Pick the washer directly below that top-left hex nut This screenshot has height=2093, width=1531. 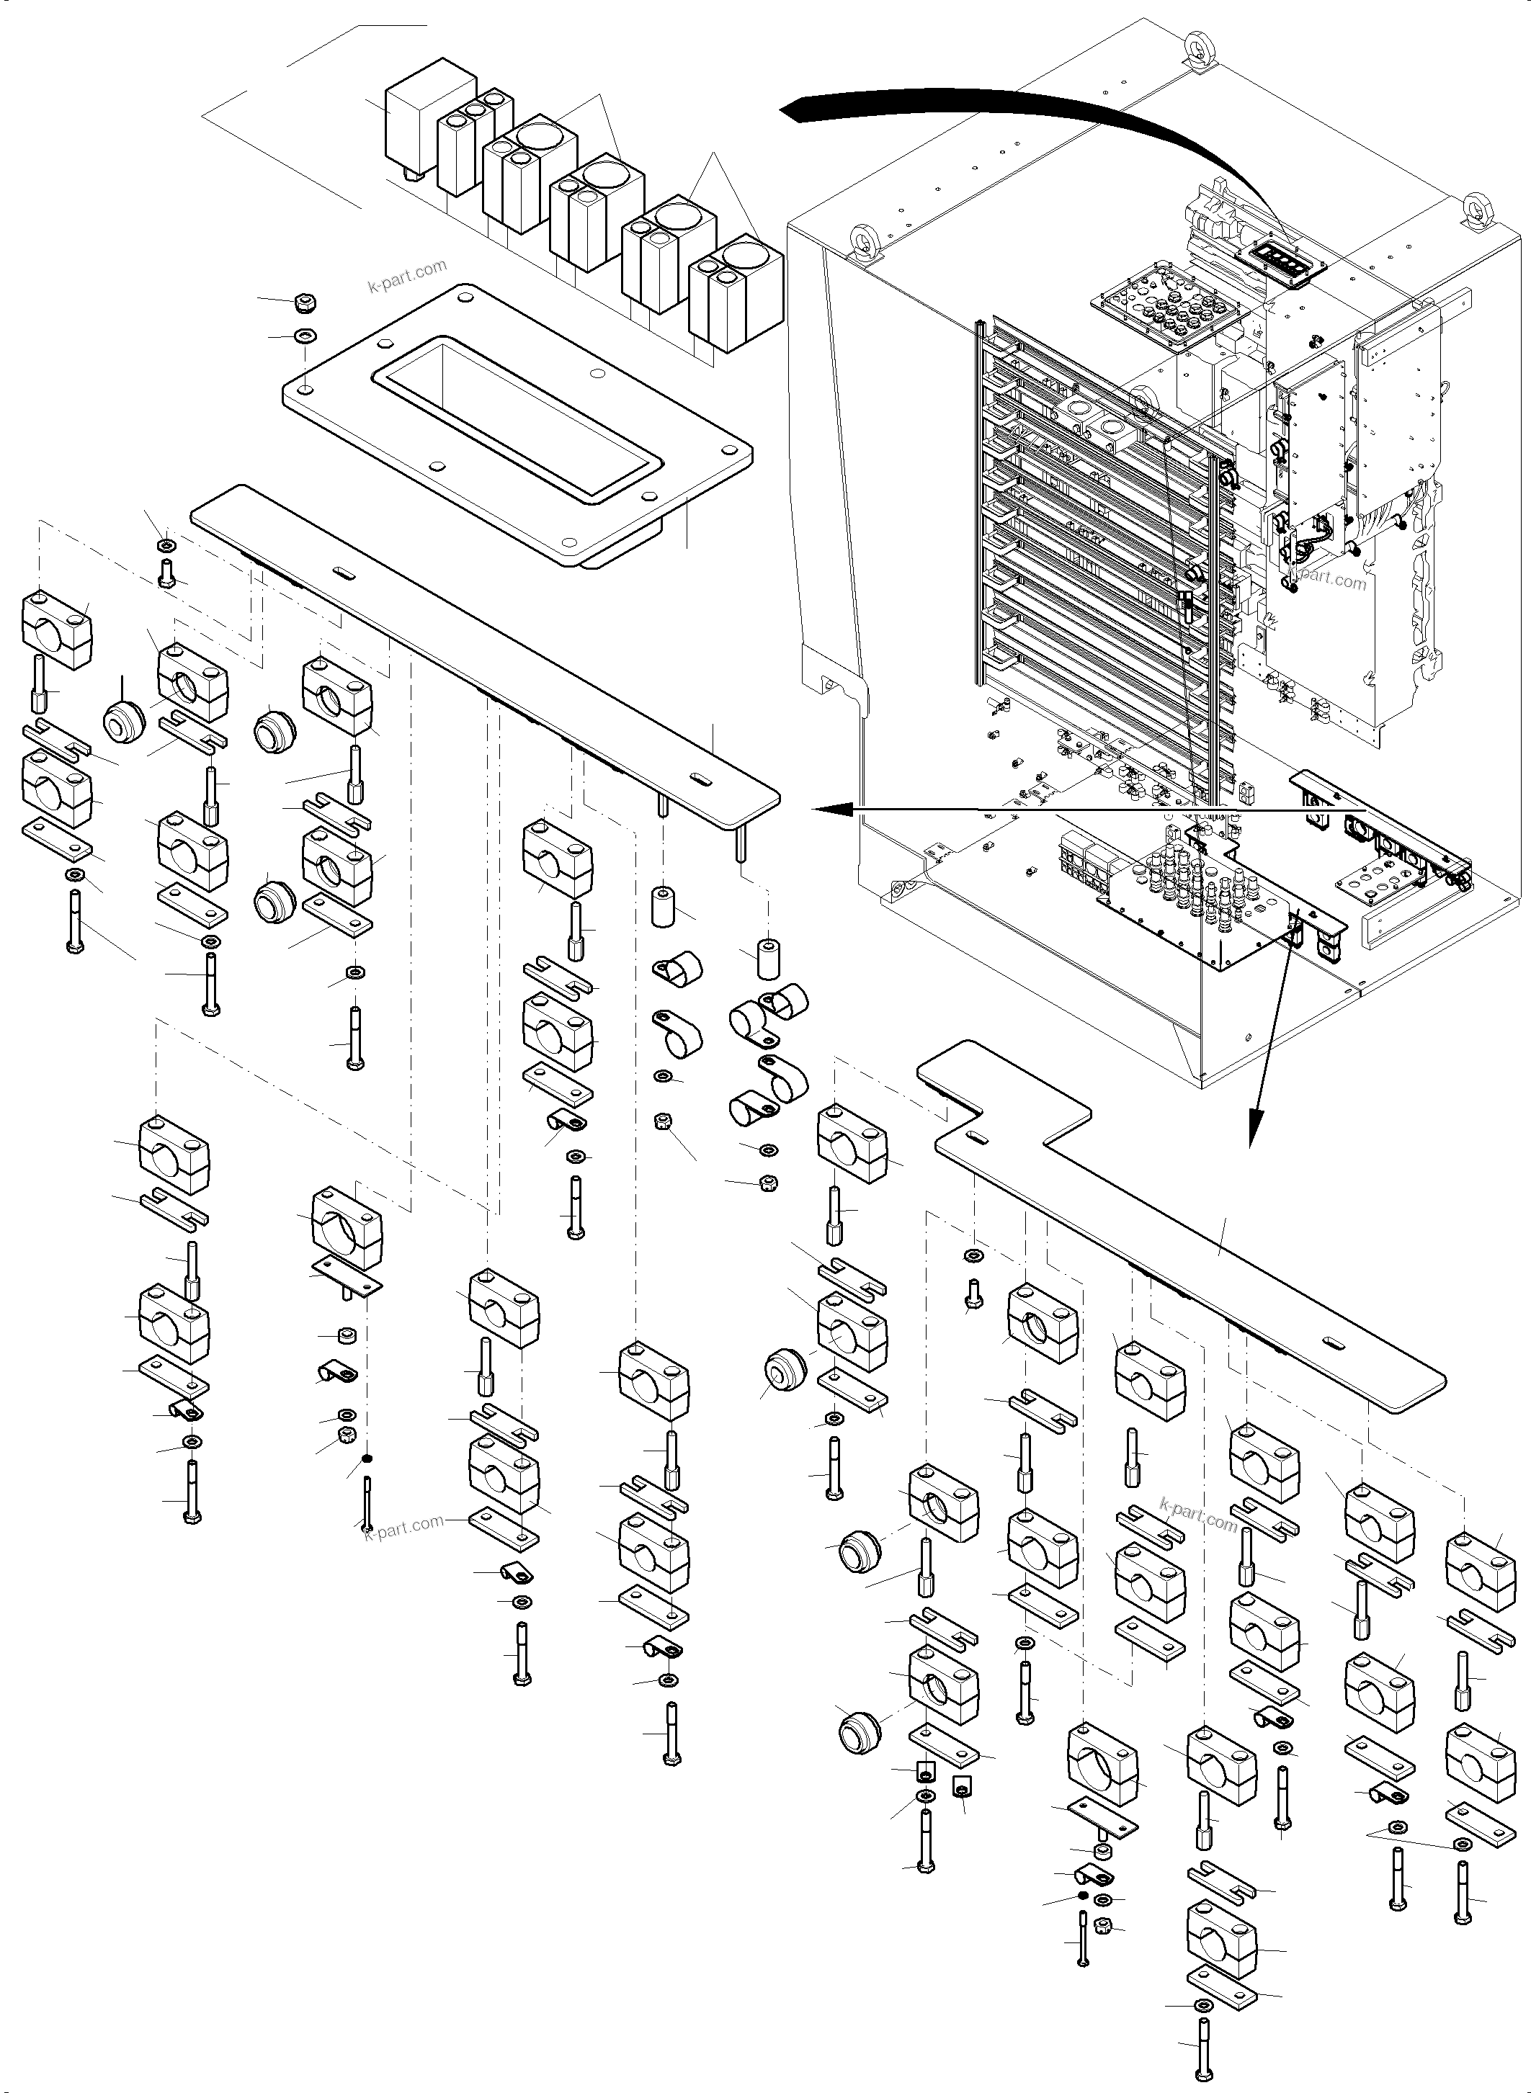pos(303,333)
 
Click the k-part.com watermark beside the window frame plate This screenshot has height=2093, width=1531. pos(408,276)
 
